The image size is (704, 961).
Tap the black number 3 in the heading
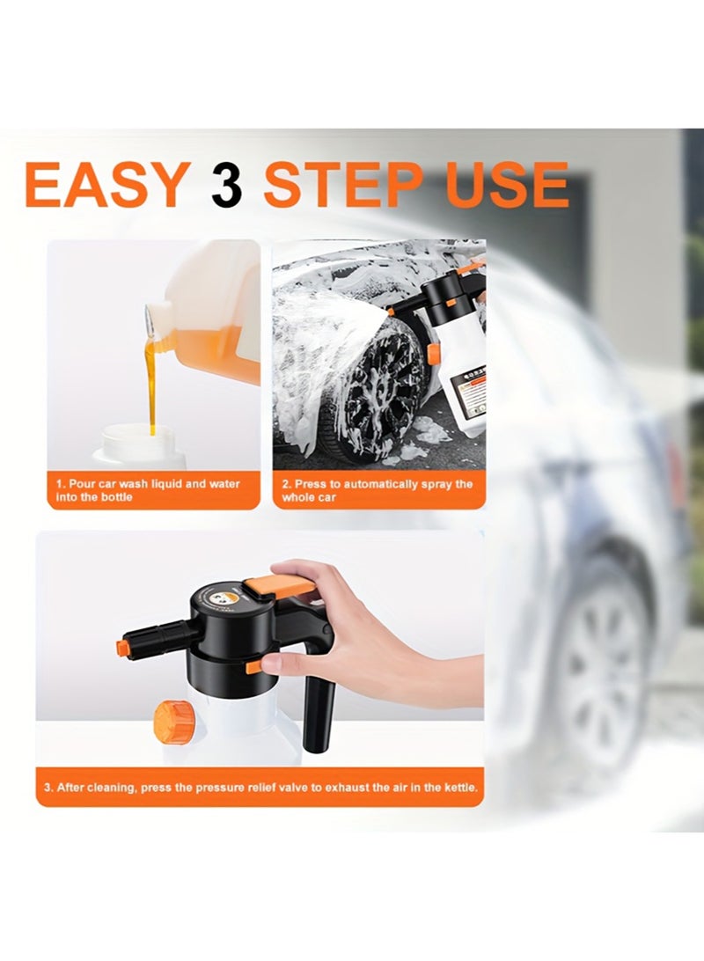pos(226,185)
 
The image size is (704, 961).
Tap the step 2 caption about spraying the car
pos(378,490)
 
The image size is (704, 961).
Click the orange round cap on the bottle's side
pos(173,722)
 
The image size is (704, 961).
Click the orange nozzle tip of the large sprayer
pos(122,648)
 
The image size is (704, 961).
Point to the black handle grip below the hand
pos(319,717)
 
